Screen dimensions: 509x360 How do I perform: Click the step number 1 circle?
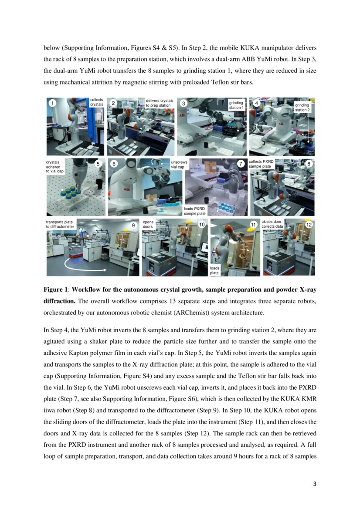coord(52,103)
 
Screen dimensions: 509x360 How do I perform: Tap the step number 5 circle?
coord(98,164)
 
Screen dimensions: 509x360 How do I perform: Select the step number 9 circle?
coord(134,225)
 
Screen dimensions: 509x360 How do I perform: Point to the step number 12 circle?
coord(309,225)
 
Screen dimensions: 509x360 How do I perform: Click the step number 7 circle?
coord(241,164)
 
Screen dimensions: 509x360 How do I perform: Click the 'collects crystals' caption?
coord(96,102)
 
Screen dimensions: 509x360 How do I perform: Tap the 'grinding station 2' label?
coord(302,107)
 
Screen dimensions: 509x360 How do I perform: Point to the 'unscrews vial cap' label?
coord(179,164)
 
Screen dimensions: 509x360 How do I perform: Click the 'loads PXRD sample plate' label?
coord(194,211)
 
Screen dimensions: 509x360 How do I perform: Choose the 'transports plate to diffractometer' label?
coord(60,224)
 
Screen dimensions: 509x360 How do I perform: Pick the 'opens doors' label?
coord(148,224)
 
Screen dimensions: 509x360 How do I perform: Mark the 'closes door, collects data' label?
coord(272,224)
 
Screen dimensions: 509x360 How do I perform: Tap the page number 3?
coord(314,484)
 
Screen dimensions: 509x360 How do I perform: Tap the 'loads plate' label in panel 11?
coord(215,270)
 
